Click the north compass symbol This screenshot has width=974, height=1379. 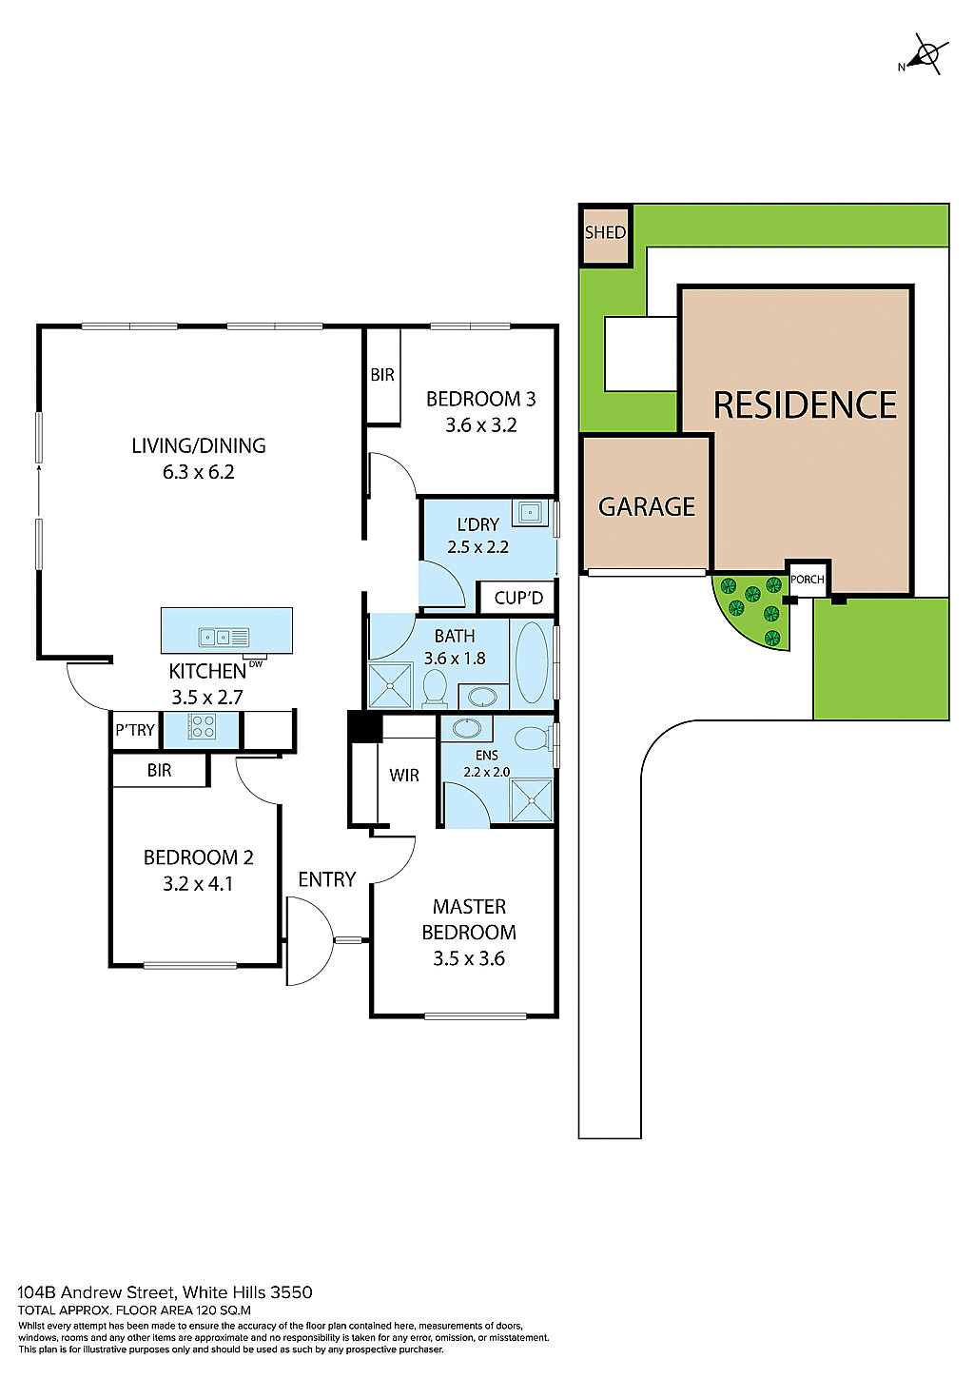point(925,54)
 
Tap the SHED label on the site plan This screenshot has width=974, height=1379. point(605,233)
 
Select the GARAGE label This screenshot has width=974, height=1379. point(647,506)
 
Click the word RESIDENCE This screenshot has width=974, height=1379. point(805,405)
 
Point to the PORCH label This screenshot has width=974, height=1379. point(808,580)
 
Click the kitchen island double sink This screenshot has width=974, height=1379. point(224,637)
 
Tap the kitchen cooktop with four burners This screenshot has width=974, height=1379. point(202,728)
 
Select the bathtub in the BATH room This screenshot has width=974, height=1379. point(532,662)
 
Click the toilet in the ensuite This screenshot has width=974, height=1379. point(532,739)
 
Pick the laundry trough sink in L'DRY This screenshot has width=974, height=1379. point(528,514)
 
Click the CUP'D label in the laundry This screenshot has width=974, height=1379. point(518,598)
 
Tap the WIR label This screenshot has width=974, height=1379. point(404,776)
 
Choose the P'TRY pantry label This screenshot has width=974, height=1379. point(135,730)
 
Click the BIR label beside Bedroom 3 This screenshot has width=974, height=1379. point(382,375)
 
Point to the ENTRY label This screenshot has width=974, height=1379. point(327,879)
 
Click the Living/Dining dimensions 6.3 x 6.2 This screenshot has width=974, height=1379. point(198,472)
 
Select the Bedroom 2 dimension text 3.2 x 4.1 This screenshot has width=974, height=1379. point(198,884)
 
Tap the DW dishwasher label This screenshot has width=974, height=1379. point(255,664)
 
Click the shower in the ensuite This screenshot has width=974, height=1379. point(531,800)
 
